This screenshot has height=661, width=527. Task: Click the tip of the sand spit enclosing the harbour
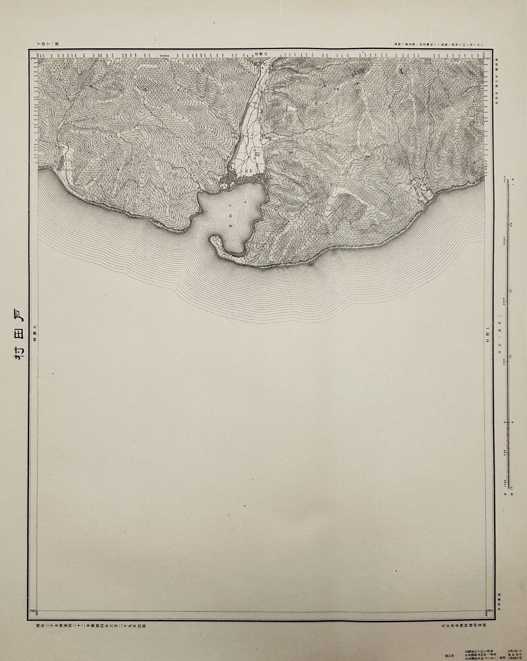(212, 239)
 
